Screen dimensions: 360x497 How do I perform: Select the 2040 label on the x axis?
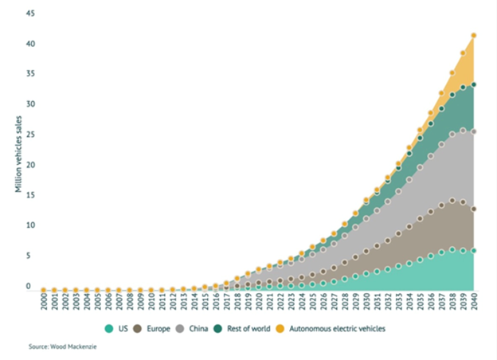pos(474,306)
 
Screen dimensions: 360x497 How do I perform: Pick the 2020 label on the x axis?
pos(259,306)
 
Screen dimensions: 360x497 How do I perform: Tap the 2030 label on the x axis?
pos(366,306)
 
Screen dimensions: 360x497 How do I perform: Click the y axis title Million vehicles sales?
pos(17,152)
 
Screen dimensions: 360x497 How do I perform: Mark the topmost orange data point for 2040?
pos(474,35)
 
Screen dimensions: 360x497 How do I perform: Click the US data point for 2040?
pos(474,251)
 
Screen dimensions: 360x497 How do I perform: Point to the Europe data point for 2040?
pos(474,209)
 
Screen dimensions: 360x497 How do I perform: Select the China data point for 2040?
pos(474,131)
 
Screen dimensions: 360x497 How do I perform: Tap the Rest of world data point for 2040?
pos(474,84)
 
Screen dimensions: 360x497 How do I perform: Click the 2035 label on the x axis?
pos(421,306)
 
